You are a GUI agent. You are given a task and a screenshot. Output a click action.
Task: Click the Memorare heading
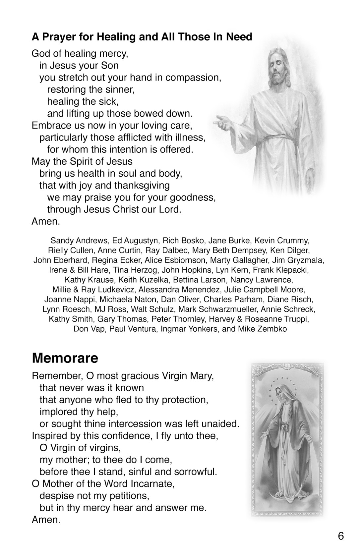[65, 358]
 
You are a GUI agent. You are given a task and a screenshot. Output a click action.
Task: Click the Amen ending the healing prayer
[46, 221]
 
